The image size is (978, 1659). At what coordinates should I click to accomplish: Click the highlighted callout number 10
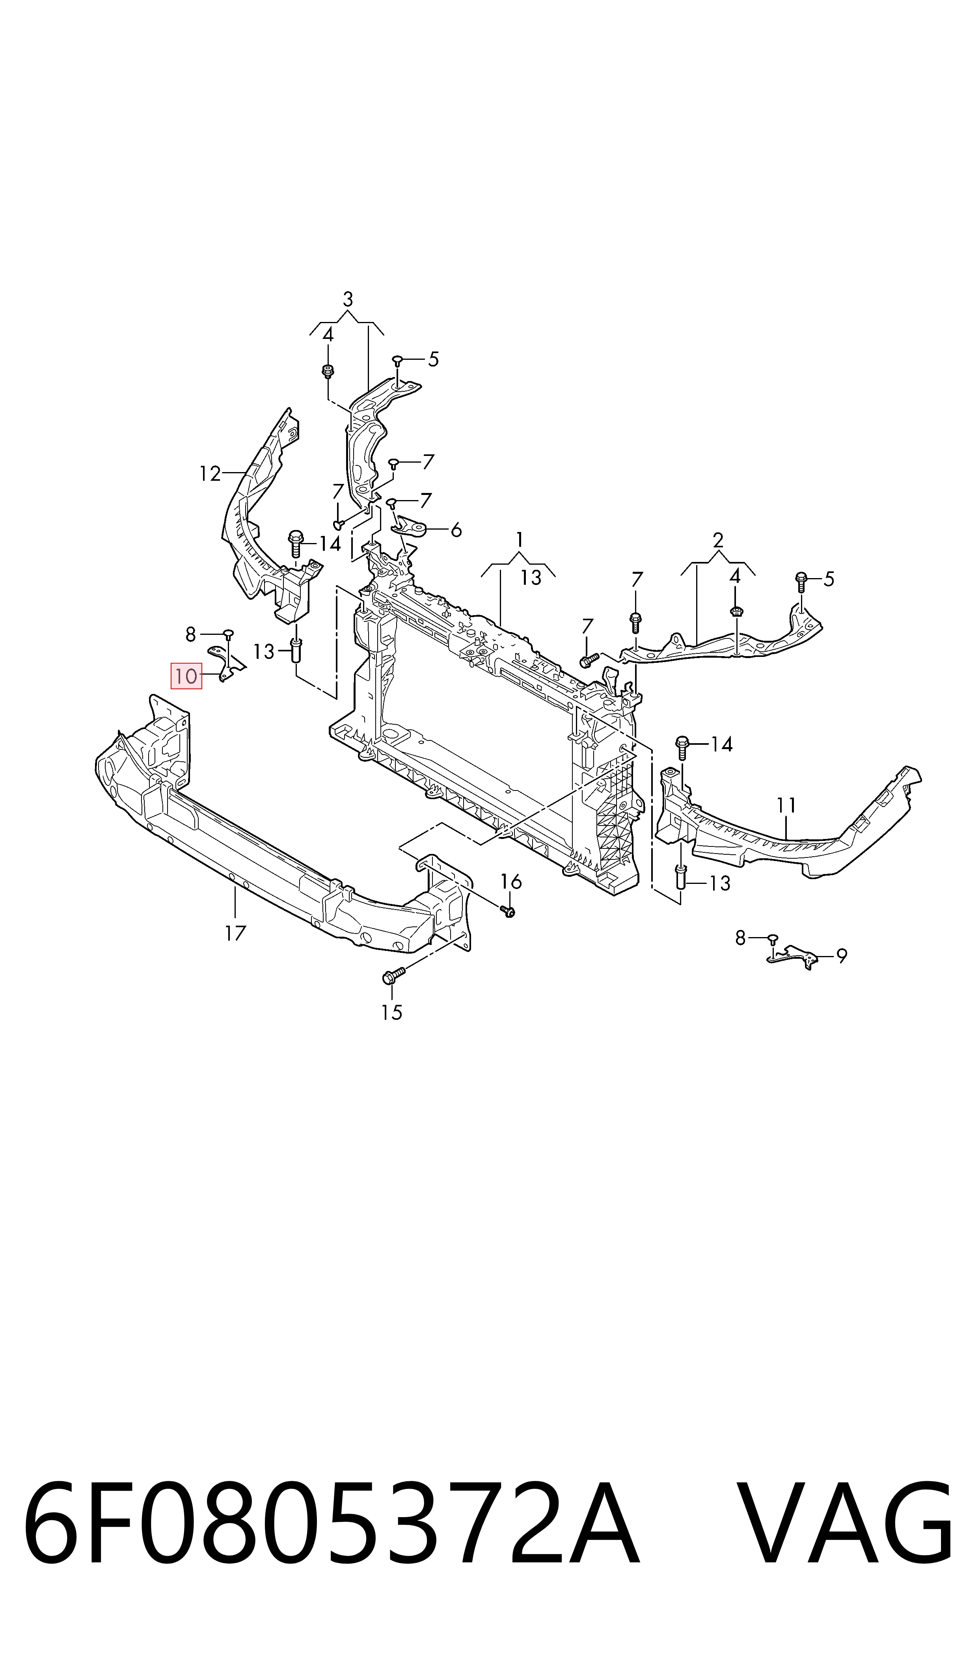point(186,676)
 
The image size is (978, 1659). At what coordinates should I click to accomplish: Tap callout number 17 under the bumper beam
point(235,933)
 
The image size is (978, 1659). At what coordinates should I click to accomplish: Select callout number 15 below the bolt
point(391,1012)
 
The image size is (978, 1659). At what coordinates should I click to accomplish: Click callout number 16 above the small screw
point(511,881)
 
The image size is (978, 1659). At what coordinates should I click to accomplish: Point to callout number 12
point(210,474)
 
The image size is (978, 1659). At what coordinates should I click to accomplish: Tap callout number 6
point(455,530)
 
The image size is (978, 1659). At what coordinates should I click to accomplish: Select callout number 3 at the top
point(348,299)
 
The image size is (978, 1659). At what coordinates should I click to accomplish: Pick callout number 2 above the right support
point(718,541)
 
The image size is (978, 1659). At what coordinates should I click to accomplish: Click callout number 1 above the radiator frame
point(520,540)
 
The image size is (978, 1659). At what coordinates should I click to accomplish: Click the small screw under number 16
point(508,911)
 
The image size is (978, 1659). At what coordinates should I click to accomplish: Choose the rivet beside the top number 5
point(397,360)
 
